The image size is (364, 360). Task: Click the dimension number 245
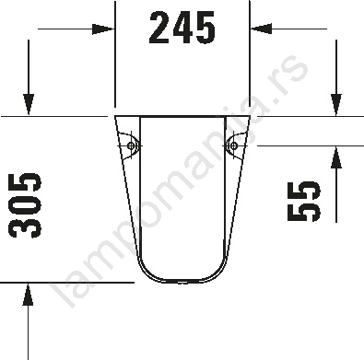click(182, 28)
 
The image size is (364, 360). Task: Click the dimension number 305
click(26, 205)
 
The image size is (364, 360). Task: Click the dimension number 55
click(303, 202)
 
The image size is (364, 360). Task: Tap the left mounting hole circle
click(132, 145)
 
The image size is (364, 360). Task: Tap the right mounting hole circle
click(234, 145)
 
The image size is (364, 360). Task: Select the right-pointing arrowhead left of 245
click(103, 29)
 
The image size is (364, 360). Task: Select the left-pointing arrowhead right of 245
click(262, 29)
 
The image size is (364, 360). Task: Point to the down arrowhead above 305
click(29, 105)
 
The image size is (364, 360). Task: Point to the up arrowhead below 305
click(28, 295)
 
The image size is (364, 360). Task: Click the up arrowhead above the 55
click(336, 157)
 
